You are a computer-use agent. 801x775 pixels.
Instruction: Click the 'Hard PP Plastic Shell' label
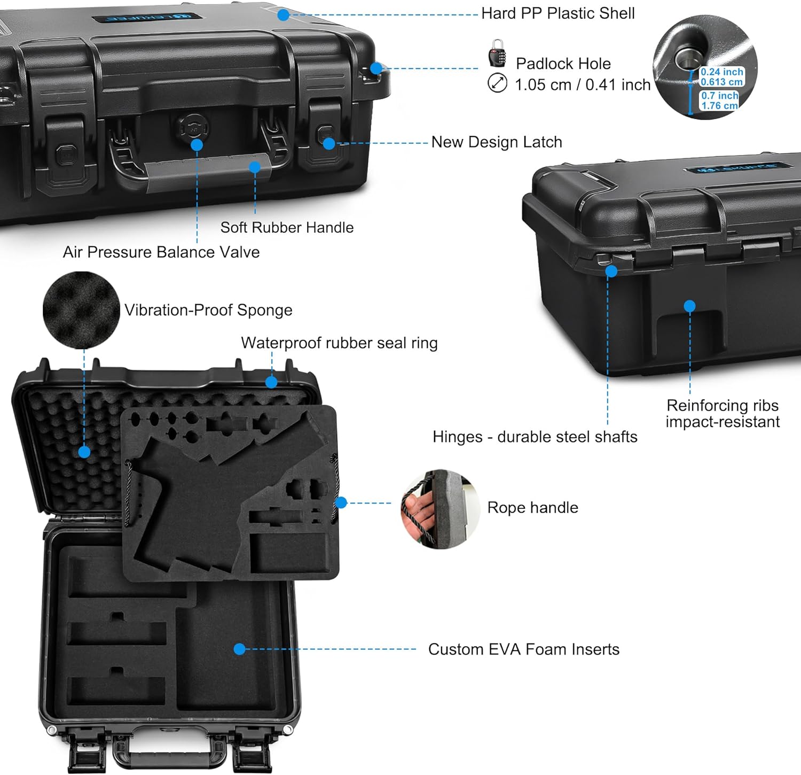click(557, 13)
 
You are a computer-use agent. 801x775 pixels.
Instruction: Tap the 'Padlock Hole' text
click(563, 64)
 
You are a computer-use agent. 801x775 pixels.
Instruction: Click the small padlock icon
click(497, 53)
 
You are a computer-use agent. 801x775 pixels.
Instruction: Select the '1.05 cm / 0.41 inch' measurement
click(582, 85)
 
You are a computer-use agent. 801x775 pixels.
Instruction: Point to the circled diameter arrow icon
click(497, 83)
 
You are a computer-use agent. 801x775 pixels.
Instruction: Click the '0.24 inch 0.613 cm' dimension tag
click(721, 77)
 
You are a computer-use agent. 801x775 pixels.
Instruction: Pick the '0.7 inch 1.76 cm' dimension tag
click(719, 100)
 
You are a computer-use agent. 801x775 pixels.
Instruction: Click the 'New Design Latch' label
click(497, 142)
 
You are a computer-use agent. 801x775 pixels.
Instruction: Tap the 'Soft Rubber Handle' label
click(287, 228)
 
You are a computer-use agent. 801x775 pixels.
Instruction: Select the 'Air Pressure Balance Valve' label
click(161, 252)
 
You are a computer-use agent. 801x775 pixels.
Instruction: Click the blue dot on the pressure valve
click(197, 145)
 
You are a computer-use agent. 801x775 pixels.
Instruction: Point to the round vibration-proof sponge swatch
click(81, 309)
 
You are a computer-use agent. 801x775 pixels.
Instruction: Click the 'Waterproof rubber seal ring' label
click(339, 343)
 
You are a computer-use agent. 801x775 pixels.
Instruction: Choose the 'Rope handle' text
click(532, 508)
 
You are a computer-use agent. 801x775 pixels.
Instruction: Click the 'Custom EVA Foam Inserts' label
click(523, 649)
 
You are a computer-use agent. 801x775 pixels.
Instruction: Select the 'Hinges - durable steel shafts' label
click(535, 437)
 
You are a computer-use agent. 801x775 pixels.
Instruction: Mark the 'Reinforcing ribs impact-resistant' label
click(722, 414)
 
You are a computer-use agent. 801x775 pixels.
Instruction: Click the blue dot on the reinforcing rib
click(689, 306)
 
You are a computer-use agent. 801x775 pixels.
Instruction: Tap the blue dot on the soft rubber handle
click(255, 167)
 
